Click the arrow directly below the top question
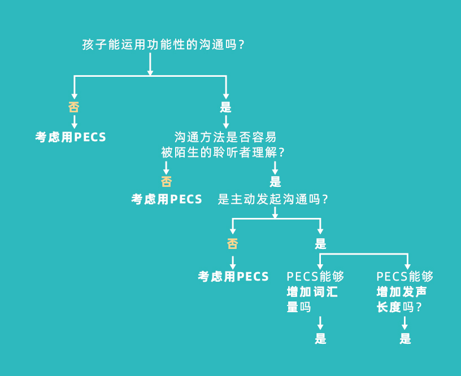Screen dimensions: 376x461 150,65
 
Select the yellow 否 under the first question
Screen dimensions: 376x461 74,107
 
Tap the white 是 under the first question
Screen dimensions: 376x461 225,107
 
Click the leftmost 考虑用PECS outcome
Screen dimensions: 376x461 71,137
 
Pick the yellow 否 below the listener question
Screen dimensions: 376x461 166,181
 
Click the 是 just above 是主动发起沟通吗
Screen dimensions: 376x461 275,181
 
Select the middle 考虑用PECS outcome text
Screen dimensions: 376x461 167,199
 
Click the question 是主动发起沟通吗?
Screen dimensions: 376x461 273,199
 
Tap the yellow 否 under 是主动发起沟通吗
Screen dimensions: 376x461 232,244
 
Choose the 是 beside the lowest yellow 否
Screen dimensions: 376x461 320,244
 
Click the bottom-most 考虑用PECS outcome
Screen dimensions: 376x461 233,277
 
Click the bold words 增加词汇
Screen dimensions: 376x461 312,292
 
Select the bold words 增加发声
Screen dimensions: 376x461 402,292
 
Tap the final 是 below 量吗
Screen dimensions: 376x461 320,339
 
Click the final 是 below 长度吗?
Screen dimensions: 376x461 405,339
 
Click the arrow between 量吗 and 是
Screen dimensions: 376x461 320,323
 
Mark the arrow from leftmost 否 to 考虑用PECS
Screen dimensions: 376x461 74,121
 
